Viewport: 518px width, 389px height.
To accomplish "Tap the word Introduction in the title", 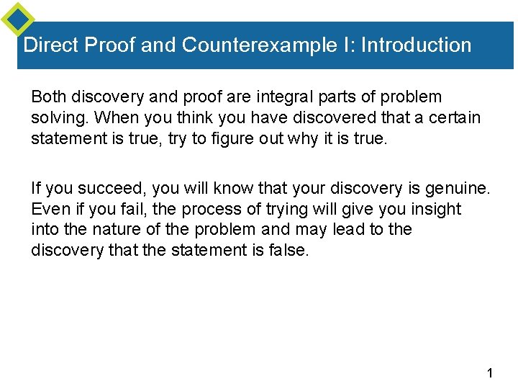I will point(417,45).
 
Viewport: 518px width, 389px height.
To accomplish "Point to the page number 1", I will point(489,373).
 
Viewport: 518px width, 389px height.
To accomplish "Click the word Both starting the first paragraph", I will point(47,97).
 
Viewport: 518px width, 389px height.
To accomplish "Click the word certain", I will point(456,117).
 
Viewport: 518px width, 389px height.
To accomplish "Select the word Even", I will point(47,209).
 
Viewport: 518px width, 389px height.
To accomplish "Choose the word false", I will point(287,249).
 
